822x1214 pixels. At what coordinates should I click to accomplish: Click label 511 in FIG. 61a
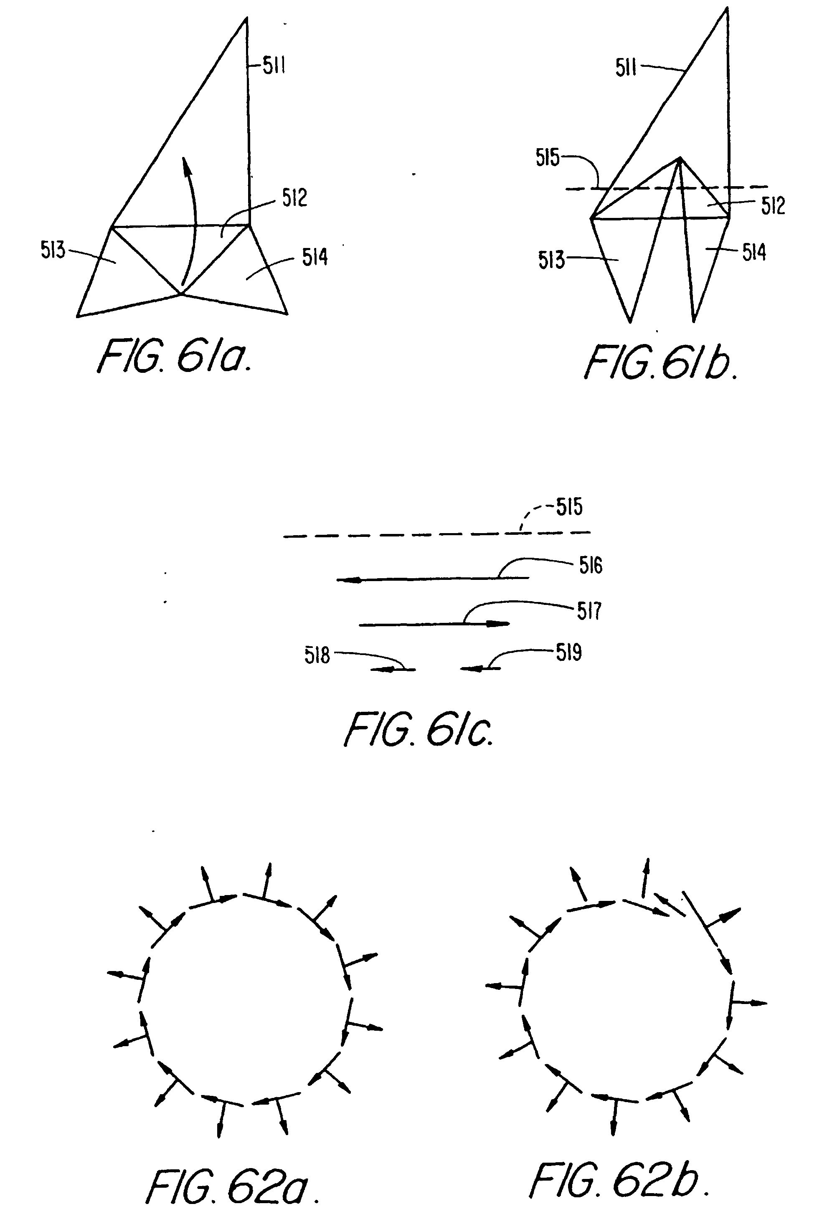pyautogui.click(x=273, y=66)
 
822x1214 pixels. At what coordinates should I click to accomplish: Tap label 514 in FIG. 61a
pyautogui.click(x=315, y=257)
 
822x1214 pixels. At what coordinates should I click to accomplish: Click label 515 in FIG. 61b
pyautogui.click(x=547, y=157)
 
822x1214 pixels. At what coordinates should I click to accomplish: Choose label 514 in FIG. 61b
pyautogui.click(x=754, y=252)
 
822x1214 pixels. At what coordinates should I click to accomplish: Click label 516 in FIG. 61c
pyautogui.click(x=591, y=566)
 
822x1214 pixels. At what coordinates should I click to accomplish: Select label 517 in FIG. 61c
pyautogui.click(x=589, y=610)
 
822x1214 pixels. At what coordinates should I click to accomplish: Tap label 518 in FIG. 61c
pyautogui.click(x=317, y=655)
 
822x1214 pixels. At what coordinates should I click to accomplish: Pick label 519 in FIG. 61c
pyautogui.click(x=568, y=652)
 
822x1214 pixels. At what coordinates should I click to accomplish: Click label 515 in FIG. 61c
pyautogui.click(x=569, y=507)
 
